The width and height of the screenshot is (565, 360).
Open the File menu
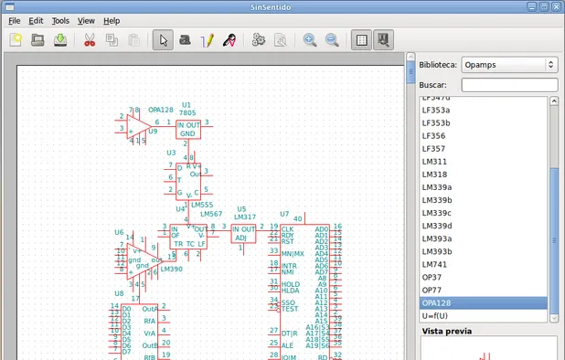(x=14, y=20)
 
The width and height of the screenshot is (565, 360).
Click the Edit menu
(x=36, y=20)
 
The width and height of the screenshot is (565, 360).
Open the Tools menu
(x=60, y=20)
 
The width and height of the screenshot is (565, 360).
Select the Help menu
(x=111, y=20)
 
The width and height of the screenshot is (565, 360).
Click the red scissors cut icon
(x=89, y=40)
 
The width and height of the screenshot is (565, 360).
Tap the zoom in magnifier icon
(x=310, y=40)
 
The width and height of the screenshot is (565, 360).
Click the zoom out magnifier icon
(x=332, y=40)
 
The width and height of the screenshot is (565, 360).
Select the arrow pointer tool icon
(x=162, y=40)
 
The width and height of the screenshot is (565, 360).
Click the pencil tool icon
(x=207, y=40)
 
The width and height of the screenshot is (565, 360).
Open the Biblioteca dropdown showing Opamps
(x=509, y=65)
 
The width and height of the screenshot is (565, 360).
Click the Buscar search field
(x=509, y=84)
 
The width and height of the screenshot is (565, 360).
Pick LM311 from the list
(x=434, y=162)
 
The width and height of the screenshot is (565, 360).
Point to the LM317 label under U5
(x=243, y=217)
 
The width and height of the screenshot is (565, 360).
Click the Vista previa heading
(x=446, y=331)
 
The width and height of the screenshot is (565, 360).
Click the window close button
(x=555, y=5)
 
